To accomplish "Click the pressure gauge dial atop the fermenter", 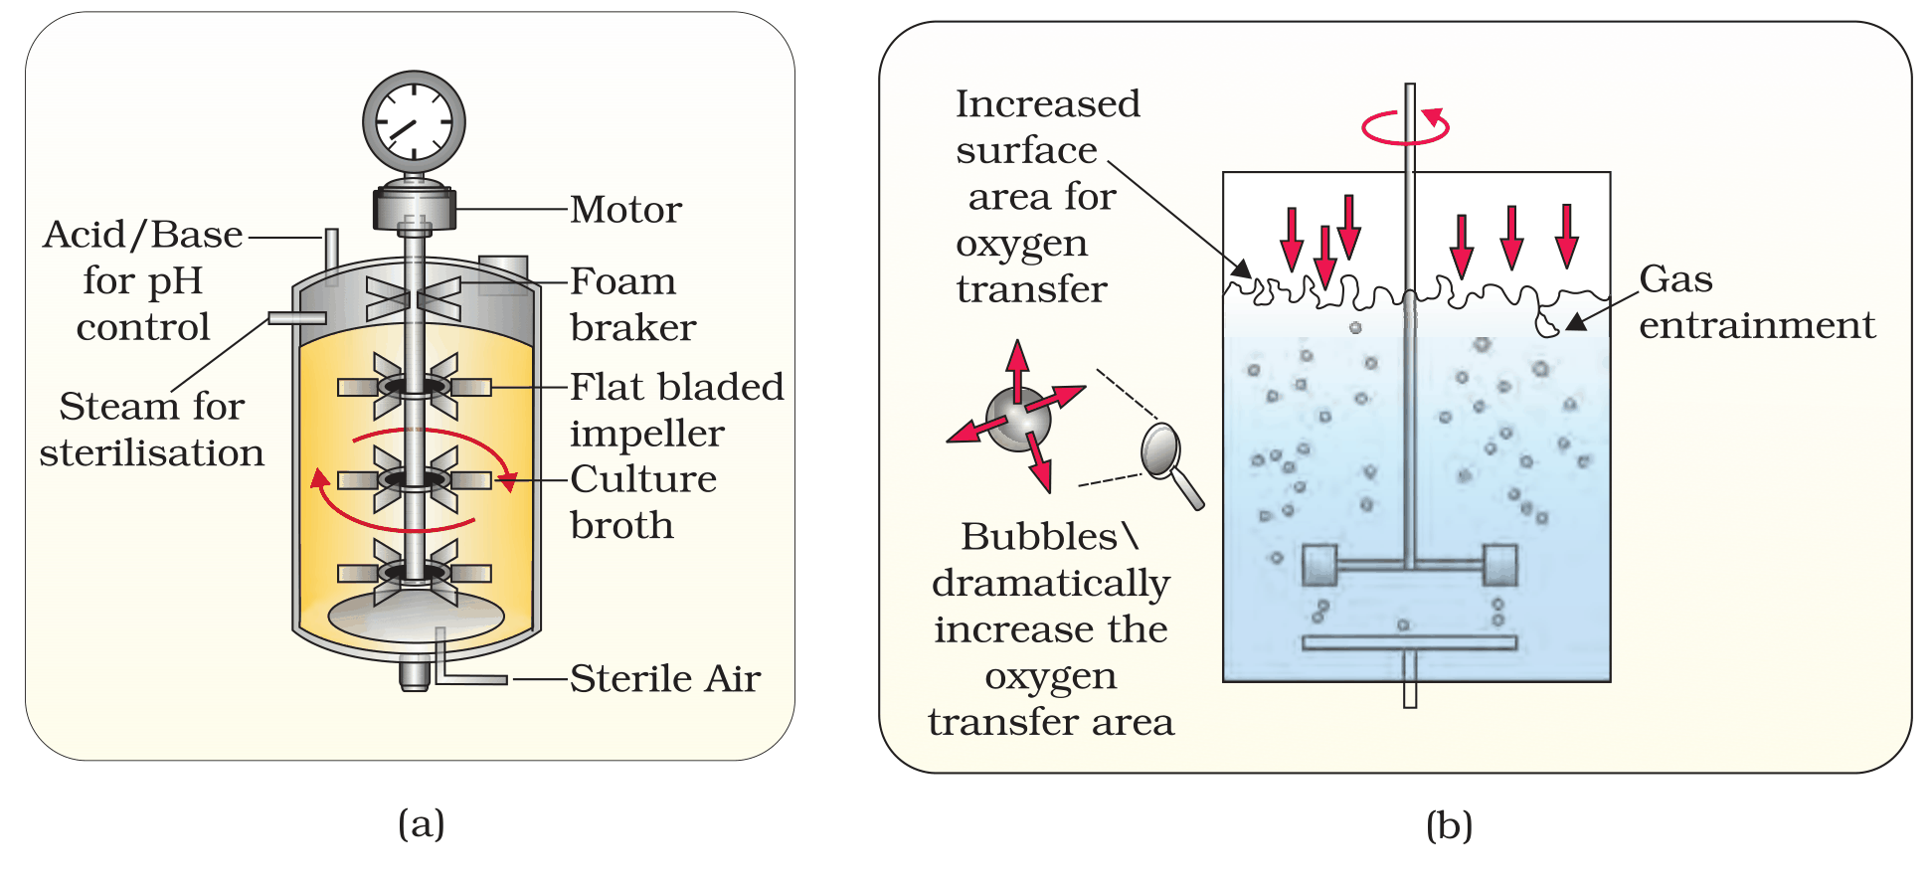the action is [414, 121].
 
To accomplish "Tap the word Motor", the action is [626, 209].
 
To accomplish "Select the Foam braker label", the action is [633, 303].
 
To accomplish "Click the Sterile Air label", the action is [665, 678].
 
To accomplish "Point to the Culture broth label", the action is [643, 501].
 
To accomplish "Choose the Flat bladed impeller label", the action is [677, 409].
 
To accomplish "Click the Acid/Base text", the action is [143, 235].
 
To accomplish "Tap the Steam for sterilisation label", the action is [152, 429].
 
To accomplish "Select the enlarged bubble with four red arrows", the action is [1018, 419].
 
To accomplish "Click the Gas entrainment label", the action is [1756, 301].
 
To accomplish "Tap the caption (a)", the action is [422, 823].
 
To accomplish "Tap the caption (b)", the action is [1449, 825].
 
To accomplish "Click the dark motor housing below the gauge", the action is [415, 207].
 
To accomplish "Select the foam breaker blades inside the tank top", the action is [414, 298].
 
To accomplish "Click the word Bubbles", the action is [1038, 537].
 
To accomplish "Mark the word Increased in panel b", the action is [1048, 103].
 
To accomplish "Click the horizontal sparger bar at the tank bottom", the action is [1410, 642].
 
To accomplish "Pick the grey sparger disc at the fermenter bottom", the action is [417, 617].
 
